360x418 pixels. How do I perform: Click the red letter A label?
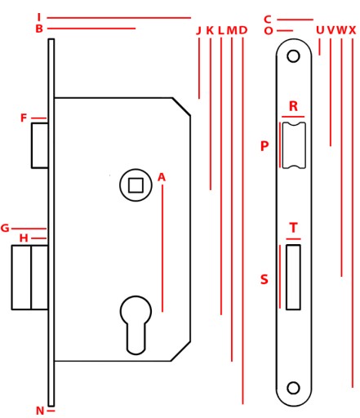(162, 177)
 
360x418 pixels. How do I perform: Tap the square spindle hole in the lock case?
(136, 185)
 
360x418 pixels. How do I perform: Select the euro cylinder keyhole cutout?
(136, 325)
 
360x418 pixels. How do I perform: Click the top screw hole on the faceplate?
(293, 56)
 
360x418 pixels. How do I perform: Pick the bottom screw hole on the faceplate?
(293, 388)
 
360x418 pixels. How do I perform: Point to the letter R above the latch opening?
(293, 106)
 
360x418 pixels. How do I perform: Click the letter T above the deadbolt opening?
(293, 228)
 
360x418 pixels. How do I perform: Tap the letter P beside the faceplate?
(264, 146)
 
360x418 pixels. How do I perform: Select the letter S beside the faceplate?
(264, 279)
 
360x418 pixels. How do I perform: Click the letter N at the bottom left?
(40, 411)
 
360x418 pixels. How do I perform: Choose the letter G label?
(5, 228)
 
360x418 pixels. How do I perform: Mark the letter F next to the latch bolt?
(24, 118)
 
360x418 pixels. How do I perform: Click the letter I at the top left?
(39, 17)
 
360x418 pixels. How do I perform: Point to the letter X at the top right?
(353, 30)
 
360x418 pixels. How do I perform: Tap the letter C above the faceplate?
(268, 20)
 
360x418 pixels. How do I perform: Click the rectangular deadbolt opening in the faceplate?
(293, 277)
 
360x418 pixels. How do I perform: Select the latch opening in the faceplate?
(294, 145)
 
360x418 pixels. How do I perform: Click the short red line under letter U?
(319, 47)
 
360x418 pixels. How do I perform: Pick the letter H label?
(24, 238)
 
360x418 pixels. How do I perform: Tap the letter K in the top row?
(210, 30)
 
